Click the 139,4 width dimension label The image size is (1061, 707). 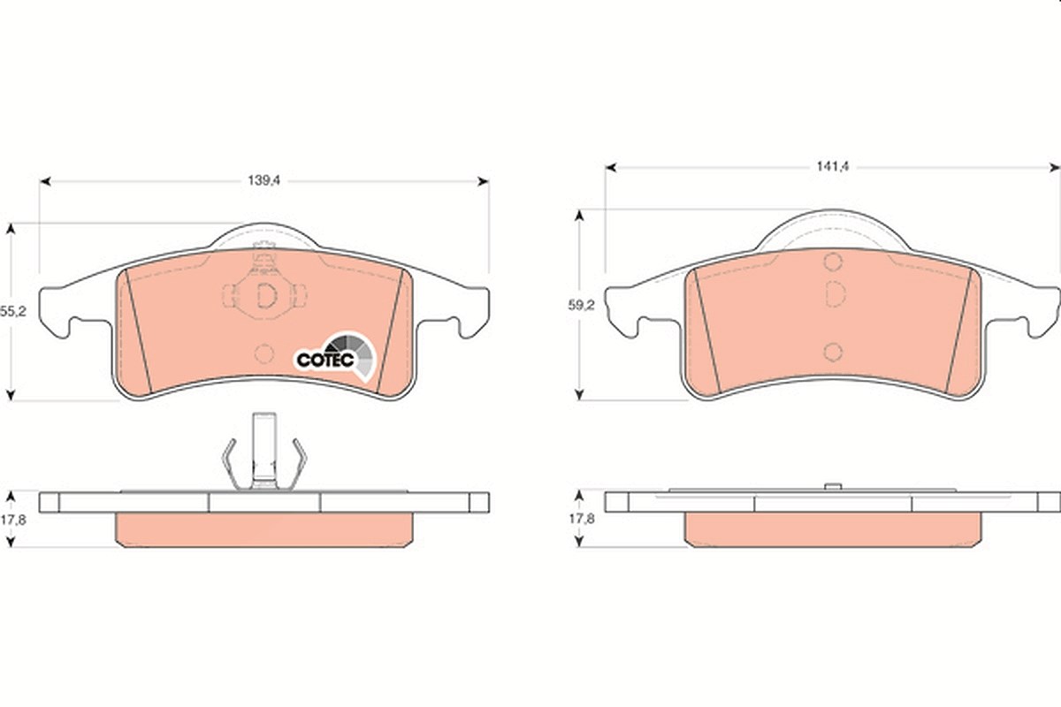264,181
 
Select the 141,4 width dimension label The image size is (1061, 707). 832,167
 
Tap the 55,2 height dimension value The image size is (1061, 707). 12,312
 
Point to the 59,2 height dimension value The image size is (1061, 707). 581,306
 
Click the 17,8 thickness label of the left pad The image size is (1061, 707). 12,520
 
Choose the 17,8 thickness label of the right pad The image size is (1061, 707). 582,519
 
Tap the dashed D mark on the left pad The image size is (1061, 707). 266,295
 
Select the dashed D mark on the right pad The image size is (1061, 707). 835,293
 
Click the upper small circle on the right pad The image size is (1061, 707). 833,262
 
